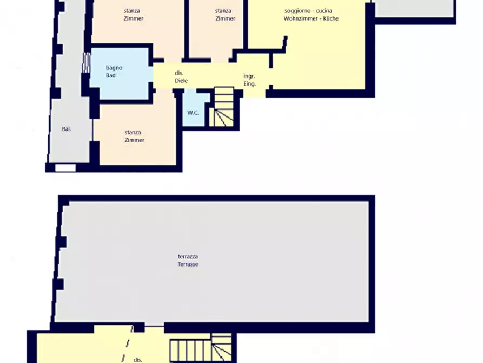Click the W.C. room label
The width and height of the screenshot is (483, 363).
[x=193, y=113]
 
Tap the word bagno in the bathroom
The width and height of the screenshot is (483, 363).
[x=114, y=68]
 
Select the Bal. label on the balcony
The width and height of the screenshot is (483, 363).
[x=66, y=129]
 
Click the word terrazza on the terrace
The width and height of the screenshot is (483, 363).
[x=188, y=256]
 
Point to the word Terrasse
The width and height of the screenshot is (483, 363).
[x=188, y=264]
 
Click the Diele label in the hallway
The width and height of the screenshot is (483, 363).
[x=181, y=81]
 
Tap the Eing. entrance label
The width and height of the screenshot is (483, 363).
[x=250, y=84]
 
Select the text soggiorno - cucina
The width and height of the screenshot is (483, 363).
[x=308, y=11]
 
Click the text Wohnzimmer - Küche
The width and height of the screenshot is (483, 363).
[x=311, y=18]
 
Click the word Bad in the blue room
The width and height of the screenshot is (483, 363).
[x=110, y=76]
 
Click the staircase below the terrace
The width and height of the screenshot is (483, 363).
[x=201, y=348]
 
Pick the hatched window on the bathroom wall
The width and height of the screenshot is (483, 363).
[x=86, y=62]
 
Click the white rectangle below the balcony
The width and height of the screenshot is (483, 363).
[x=65, y=167]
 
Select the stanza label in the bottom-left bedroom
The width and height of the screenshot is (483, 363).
[x=133, y=132]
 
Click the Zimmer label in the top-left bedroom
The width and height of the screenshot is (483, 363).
[x=134, y=18]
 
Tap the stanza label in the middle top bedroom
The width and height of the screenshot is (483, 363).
[x=223, y=11]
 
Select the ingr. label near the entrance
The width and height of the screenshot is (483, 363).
[x=249, y=76]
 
